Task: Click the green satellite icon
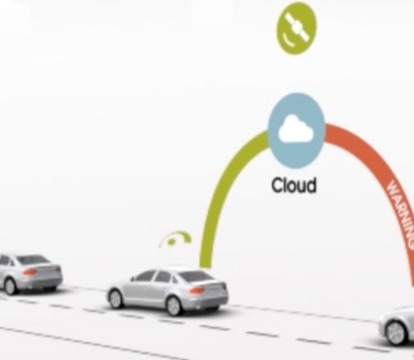click(x=296, y=28)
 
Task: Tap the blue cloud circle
click(x=296, y=130)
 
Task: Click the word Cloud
click(x=293, y=184)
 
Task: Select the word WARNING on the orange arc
click(x=401, y=213)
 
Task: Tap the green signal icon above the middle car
click(x=175, y=239)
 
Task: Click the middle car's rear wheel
click(x=175, y=305)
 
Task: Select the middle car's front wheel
click(x=116, y=299)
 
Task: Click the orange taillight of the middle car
click(x=196, y=290)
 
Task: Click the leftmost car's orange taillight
click(x=30, y=272)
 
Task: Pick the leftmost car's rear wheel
click(x=10, y=286)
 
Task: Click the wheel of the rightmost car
click(x=398, y=332)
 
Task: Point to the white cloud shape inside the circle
click(x=296, y=129)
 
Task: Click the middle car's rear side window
click(x=165, y=276)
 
